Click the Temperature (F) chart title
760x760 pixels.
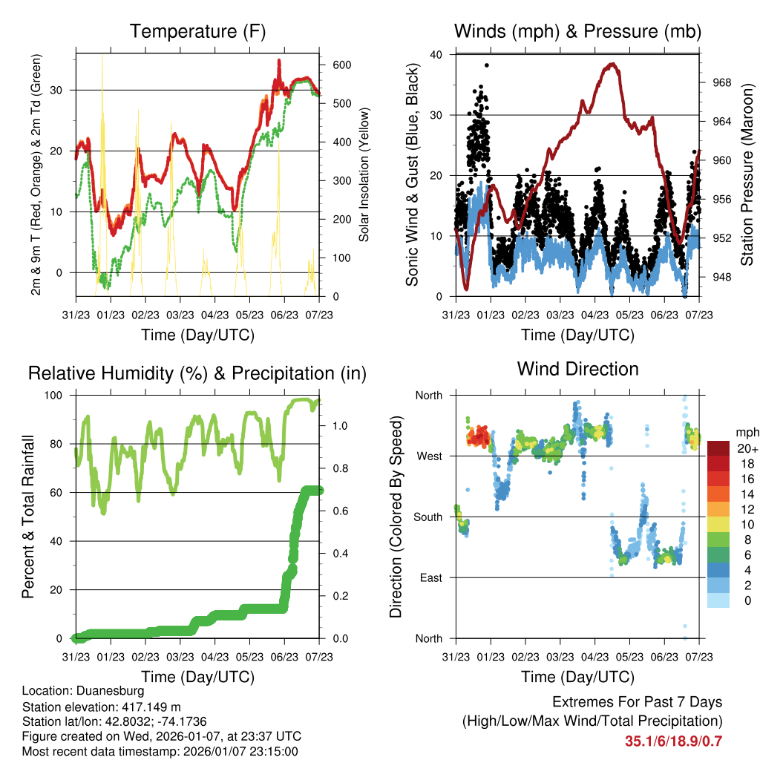197,31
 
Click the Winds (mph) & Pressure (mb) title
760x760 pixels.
577,31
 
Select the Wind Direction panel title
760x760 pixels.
577,368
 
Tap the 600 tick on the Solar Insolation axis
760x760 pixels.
341,65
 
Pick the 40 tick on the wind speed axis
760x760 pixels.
436,54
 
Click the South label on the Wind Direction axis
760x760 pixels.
428,517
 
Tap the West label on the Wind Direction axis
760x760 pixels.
429,456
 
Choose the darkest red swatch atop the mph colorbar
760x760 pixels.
718,448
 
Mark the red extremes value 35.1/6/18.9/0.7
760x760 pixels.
674,741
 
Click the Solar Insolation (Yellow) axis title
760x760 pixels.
364,175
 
